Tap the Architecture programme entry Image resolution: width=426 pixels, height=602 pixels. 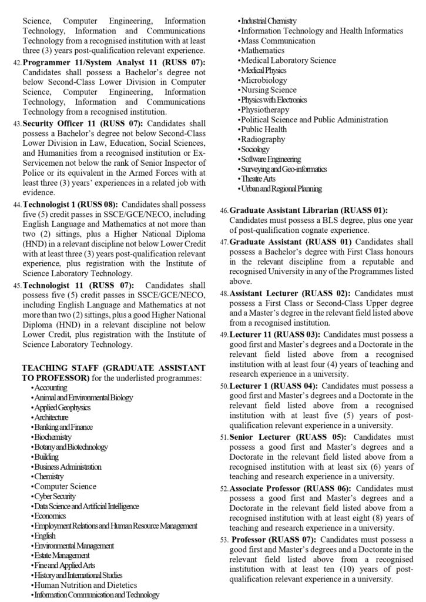(x=51, y=417)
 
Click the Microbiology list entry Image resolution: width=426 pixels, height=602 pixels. (x=264, y=80)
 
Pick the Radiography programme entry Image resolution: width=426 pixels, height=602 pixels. (x=263, y=139)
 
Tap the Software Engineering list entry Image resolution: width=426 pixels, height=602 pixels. (x=271, y=159)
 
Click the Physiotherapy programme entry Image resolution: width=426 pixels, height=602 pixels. (x=265, y=109)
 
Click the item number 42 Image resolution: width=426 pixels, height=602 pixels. (x=16, y=62)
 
